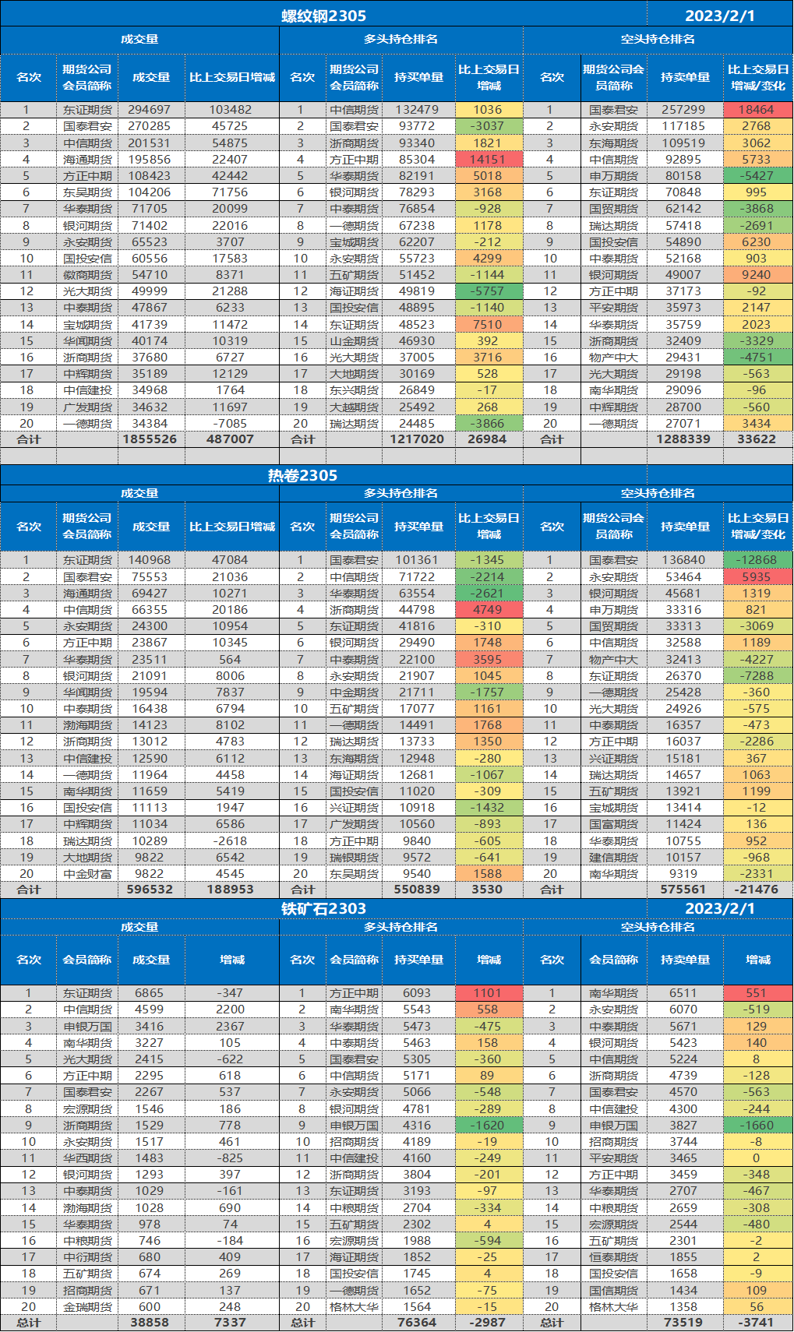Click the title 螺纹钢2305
323,16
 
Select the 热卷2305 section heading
302,475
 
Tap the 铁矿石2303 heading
323,908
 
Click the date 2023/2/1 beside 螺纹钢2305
719,16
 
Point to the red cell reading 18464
757,110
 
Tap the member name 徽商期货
87,275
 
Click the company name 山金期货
354,341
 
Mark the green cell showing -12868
757,560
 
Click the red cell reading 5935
757,577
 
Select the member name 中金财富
87,874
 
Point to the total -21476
757,890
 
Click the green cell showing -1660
757,1126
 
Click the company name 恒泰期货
613,1257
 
